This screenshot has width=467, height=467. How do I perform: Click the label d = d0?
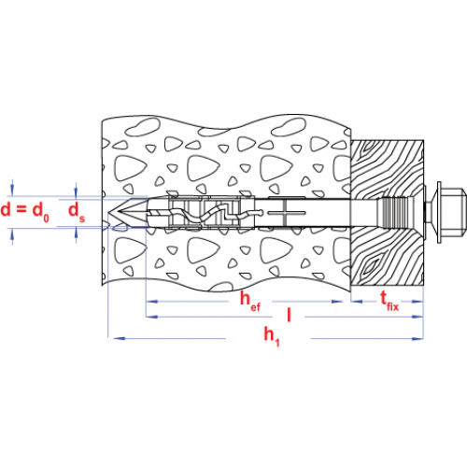tap(25, 211)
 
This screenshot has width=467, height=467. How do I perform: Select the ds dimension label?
tap(77, 212)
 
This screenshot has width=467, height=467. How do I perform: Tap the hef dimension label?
tap(250, 301)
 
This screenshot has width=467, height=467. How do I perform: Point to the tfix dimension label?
tap(389, 301)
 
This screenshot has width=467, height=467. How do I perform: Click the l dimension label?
tap(289, 315)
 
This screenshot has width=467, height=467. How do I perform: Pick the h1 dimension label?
tap(272, 337)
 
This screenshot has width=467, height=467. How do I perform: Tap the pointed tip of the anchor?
tap(118, 213)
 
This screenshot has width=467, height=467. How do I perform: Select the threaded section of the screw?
tap(393, 212)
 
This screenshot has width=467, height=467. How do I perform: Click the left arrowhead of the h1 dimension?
tap(119, 338)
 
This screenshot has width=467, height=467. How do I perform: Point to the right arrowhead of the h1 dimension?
tap(417, 338)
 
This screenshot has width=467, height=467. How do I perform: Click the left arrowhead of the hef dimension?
tap(152, 302)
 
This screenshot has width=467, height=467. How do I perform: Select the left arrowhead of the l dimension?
tap(152, 317)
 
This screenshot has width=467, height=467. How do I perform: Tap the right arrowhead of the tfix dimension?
tap(417, 302)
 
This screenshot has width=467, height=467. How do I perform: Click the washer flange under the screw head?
tap(440, 212)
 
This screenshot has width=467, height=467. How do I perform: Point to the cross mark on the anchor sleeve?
tap(284, 213)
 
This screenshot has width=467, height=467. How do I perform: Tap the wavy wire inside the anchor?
tap(205, 214)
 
